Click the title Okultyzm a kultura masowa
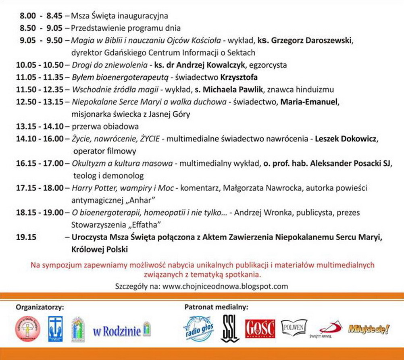[x=123, y=163]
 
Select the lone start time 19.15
[x=27, y=237]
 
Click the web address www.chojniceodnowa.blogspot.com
[x=225, y=287]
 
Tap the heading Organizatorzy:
[x=40, y=307]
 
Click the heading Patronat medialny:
[x=216, y=307]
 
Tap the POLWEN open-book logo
[x=294, y=326]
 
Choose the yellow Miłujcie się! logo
[x=369, y=329]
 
